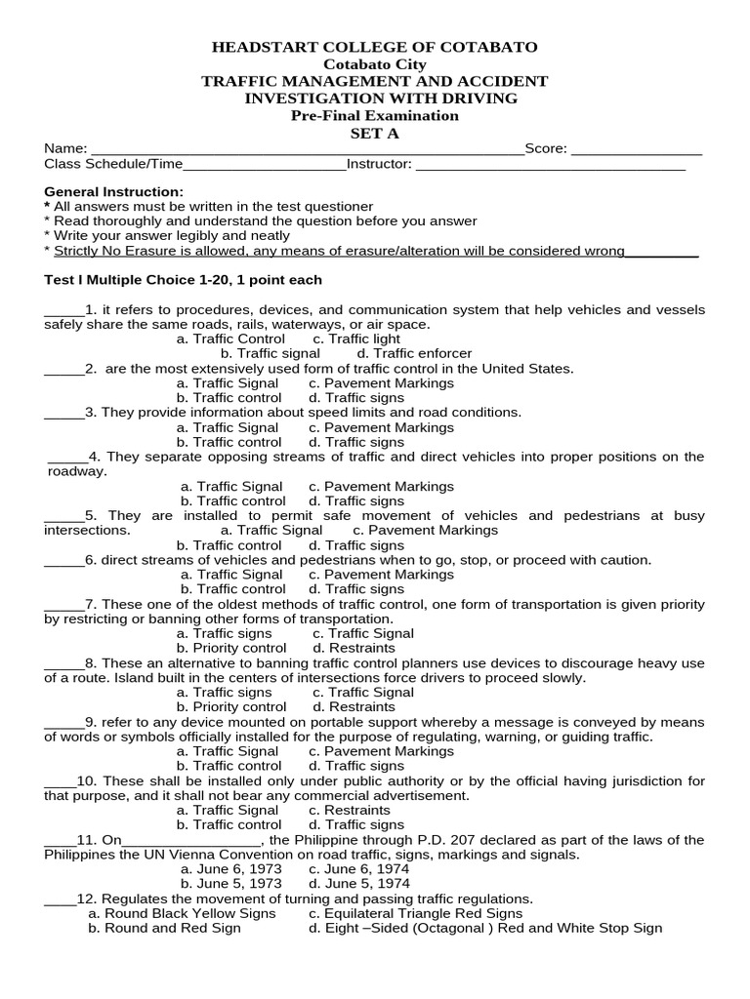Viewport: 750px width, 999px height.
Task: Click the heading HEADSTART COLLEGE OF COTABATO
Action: tap(375, 48)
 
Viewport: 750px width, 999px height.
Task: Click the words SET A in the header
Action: tap(375, 134)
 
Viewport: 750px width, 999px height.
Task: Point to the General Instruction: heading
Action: tap(113, 191)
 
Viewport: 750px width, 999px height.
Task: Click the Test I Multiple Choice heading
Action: tap(183, 280)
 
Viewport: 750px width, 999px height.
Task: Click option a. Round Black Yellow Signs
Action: tap(182, 913)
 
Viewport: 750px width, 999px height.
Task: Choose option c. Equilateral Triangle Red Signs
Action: tap(415, 913)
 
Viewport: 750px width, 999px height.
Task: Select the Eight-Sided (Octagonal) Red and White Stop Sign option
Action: tap(485, 928)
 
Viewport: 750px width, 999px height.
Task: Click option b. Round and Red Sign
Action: tap(164, 928)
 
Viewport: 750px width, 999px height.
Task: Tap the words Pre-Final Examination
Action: tap(375, 115)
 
